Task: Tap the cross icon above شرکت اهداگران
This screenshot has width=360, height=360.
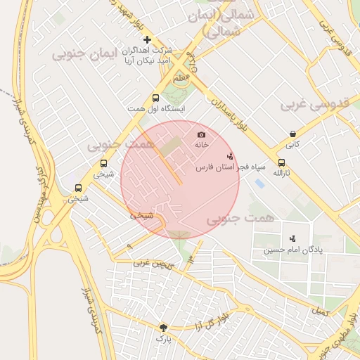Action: (147, 39)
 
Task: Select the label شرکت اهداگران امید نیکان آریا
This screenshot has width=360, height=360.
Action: (148, 56)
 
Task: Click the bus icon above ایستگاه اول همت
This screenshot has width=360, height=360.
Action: (155, 98)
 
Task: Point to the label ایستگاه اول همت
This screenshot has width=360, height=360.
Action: (156, 109)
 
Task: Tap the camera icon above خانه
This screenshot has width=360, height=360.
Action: (202, 134)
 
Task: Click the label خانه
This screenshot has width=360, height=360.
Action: (202, 144)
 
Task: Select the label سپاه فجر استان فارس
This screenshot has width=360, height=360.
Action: (231, 167)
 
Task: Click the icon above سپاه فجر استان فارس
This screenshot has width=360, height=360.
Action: (230, 156)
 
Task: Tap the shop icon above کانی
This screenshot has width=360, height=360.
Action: (292, 134)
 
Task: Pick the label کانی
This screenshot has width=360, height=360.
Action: (292, 144)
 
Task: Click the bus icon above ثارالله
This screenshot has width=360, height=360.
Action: (281, 162)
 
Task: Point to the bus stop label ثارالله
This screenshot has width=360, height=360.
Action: (281, 173)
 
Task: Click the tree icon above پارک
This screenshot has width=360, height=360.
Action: (164, 327)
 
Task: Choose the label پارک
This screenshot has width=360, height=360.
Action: (164, 338)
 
